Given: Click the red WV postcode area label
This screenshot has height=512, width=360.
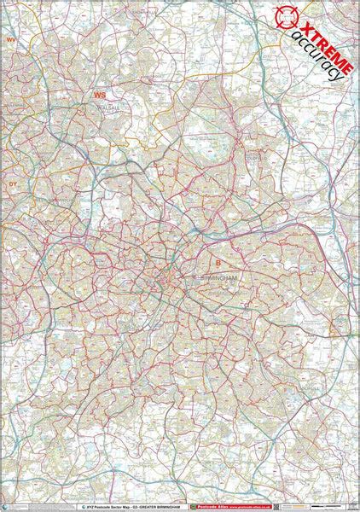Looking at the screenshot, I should point(11,39).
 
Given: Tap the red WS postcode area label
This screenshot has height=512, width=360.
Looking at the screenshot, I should point(101,96).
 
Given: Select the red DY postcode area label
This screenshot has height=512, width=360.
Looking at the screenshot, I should point(12,183).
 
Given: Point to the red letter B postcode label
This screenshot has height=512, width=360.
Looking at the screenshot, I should point(217,263).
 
